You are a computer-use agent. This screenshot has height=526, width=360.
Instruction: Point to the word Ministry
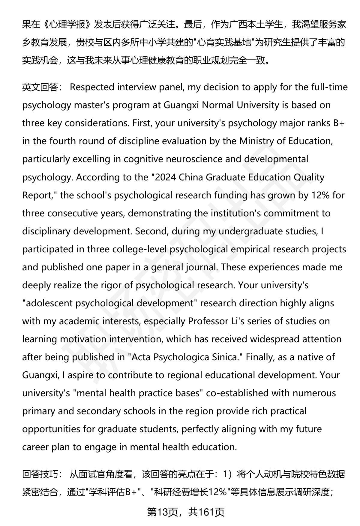(256, 141)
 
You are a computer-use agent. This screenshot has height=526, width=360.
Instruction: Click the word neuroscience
(173, 159)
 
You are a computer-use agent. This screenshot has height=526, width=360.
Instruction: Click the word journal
(200, 267)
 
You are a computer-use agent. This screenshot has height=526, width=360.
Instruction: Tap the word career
(35, 447)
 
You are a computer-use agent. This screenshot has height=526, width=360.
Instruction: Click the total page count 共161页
(206, 512)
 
